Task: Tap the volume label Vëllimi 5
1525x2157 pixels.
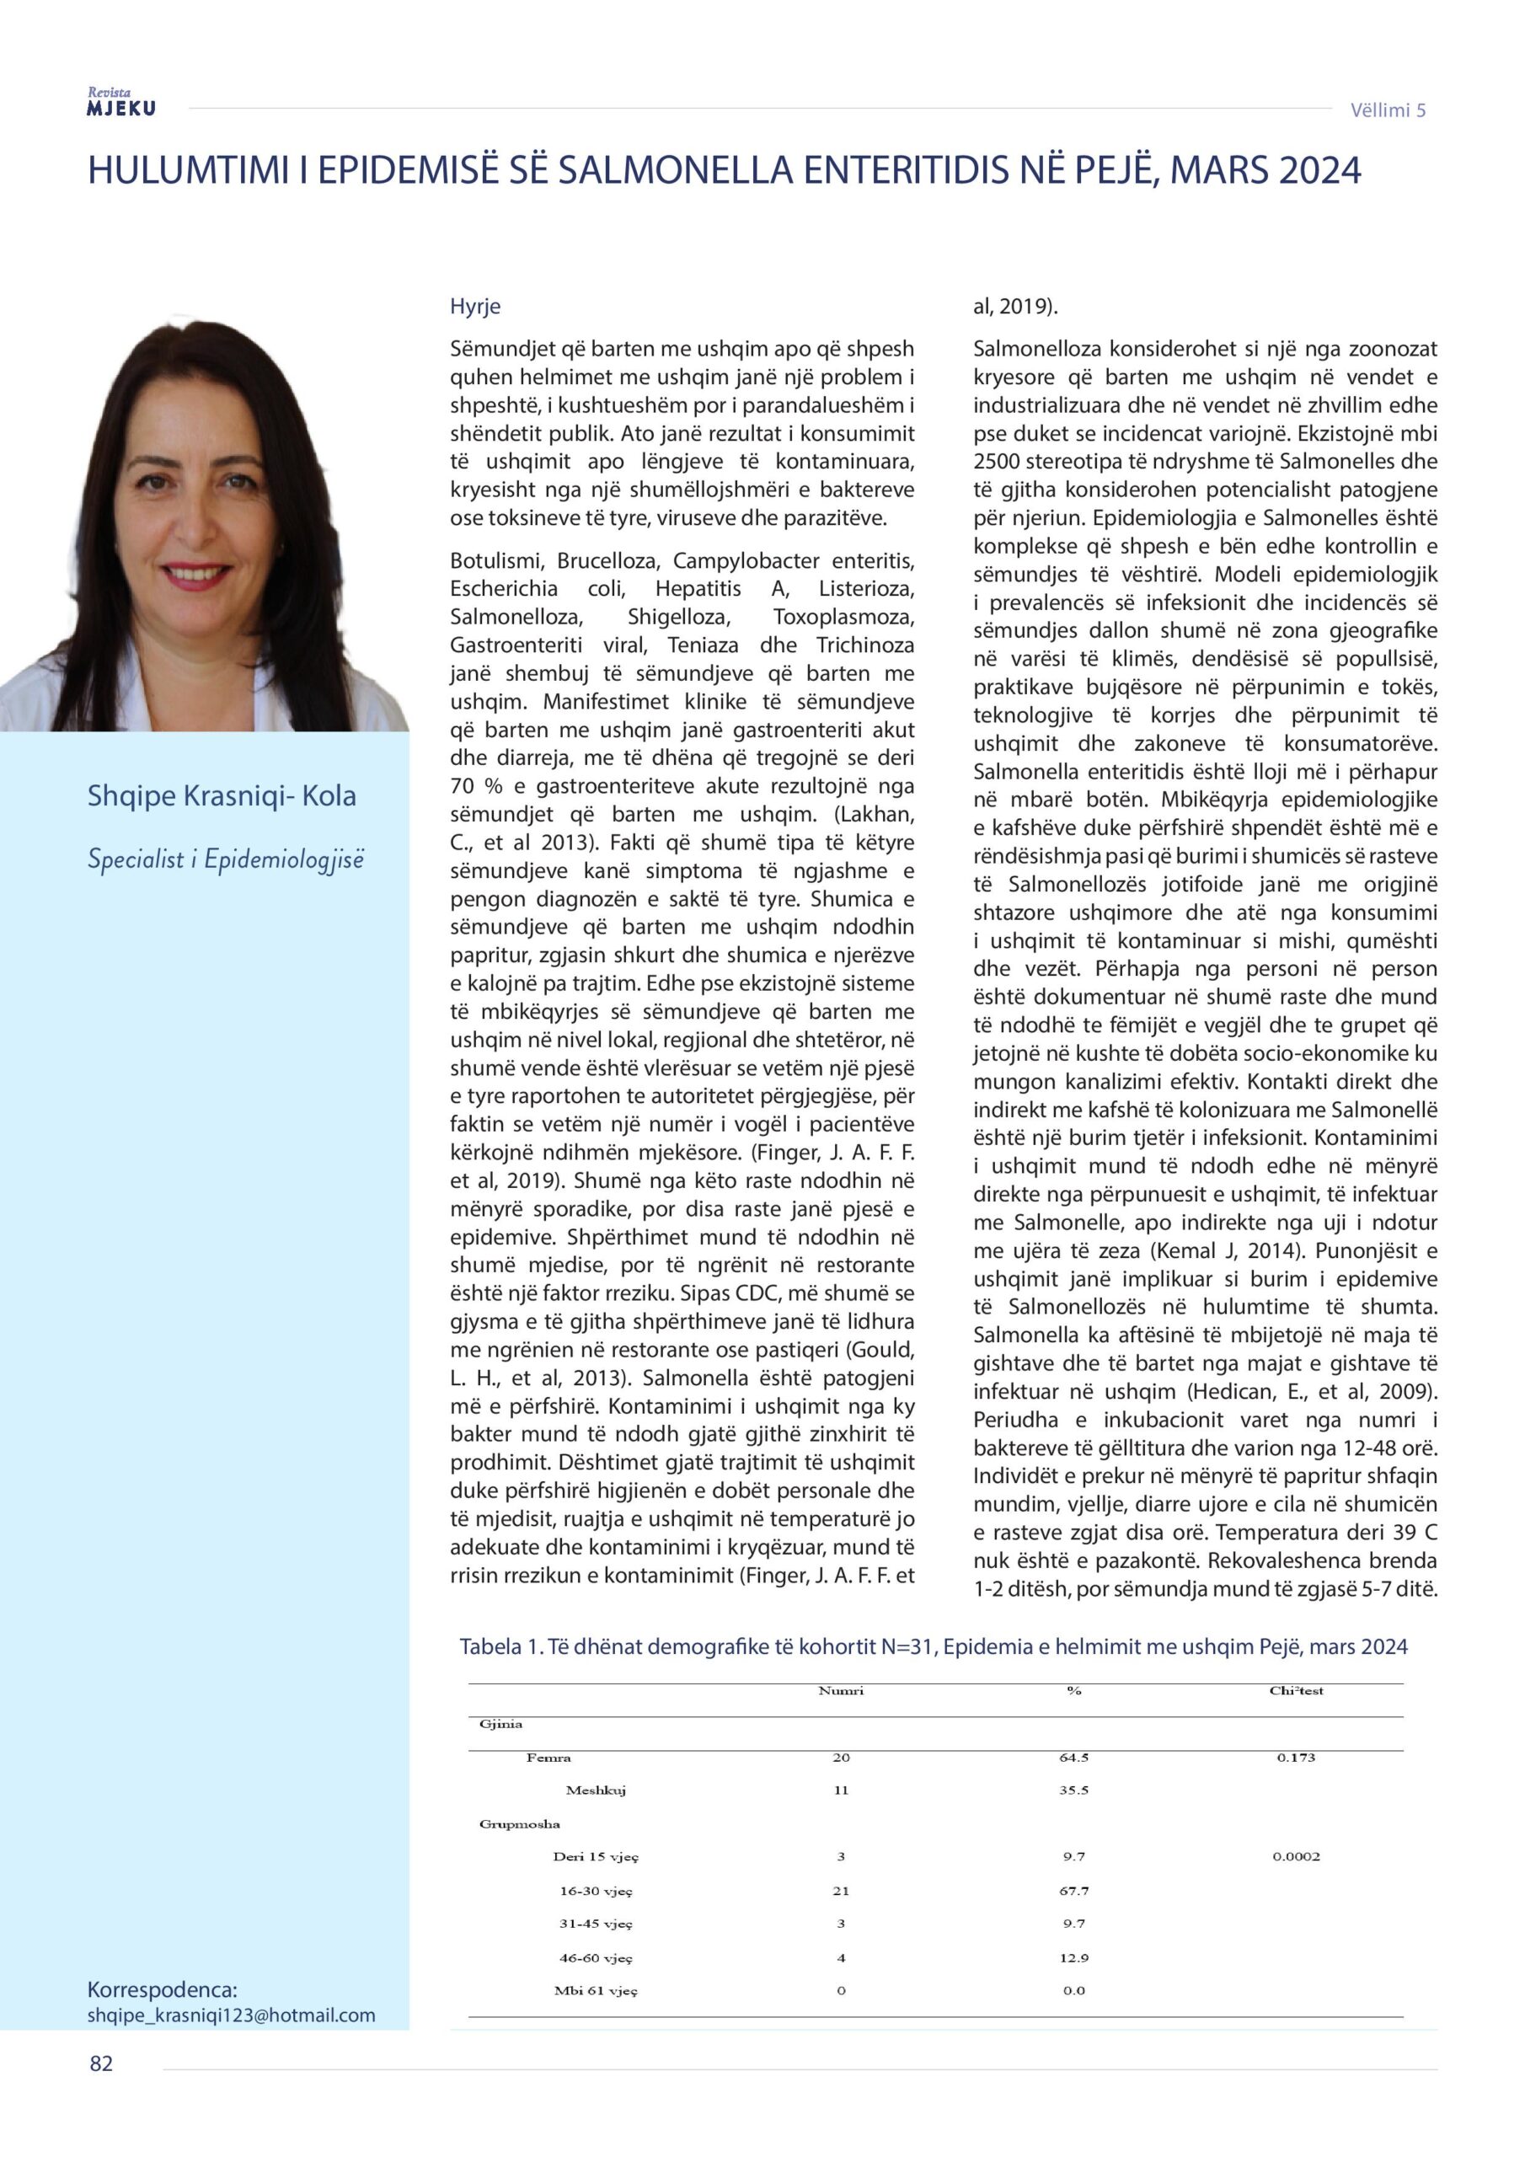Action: coord(1387,110)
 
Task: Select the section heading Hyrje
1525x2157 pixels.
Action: coord(474,306)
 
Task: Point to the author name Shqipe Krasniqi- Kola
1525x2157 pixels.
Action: coord(222,795)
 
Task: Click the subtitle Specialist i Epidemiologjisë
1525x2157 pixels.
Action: coord(225,859)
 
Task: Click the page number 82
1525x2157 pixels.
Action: coord(101,2063)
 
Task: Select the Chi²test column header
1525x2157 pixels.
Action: coord(1296,1690)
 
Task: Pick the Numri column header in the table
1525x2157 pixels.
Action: coord(840,1690)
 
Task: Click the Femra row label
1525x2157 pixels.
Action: coord(548,1757)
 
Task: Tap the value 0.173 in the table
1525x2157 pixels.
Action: coord(1296,1757)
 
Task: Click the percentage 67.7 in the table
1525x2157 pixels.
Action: coord(1073,1890)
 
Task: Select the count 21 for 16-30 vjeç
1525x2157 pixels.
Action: coord(840,1890)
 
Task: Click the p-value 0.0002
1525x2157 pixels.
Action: coord(1296,1855)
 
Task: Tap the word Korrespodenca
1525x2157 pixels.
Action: coord(163,1988)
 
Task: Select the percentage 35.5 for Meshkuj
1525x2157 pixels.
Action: coord(1073,1790)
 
